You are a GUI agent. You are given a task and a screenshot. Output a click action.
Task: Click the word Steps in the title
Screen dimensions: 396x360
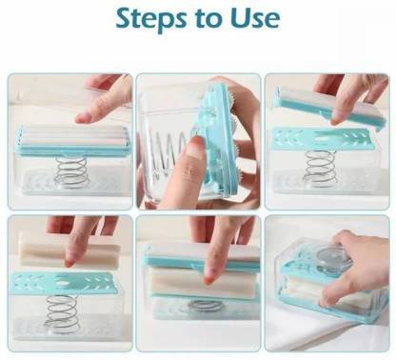(x=151, y=19)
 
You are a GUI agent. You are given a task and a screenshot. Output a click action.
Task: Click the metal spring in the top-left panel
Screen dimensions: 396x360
(x=71, y=172)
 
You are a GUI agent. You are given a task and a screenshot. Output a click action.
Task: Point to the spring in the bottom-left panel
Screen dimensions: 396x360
(x=62, y=314)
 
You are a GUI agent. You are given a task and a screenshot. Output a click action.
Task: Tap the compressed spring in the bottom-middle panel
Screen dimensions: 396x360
(x=205, y=306)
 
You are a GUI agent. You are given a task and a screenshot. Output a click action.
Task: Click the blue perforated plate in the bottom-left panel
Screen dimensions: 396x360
(x=66, y=283)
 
